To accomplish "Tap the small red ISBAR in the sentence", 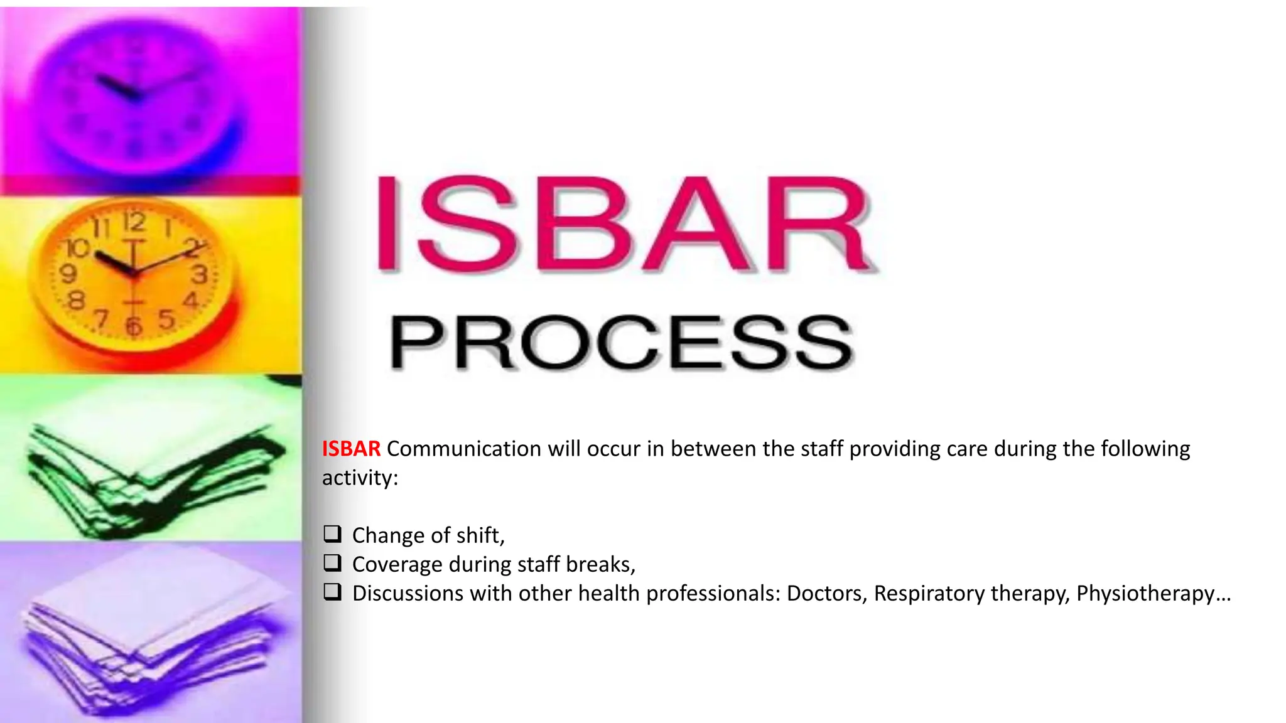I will pos(351,449).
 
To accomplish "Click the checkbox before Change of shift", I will pos(332,534).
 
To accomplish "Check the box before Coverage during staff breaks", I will pos(332,563).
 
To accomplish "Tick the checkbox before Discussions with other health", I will pos(332,592).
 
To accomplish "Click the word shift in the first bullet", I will pos(480,535).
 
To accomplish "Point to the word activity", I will pos(359,478).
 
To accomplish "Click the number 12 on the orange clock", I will pos(134,222).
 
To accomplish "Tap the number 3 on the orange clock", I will pos(200,274).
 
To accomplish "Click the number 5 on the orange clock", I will pos(166,319).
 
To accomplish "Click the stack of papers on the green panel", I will pos(151,471).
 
